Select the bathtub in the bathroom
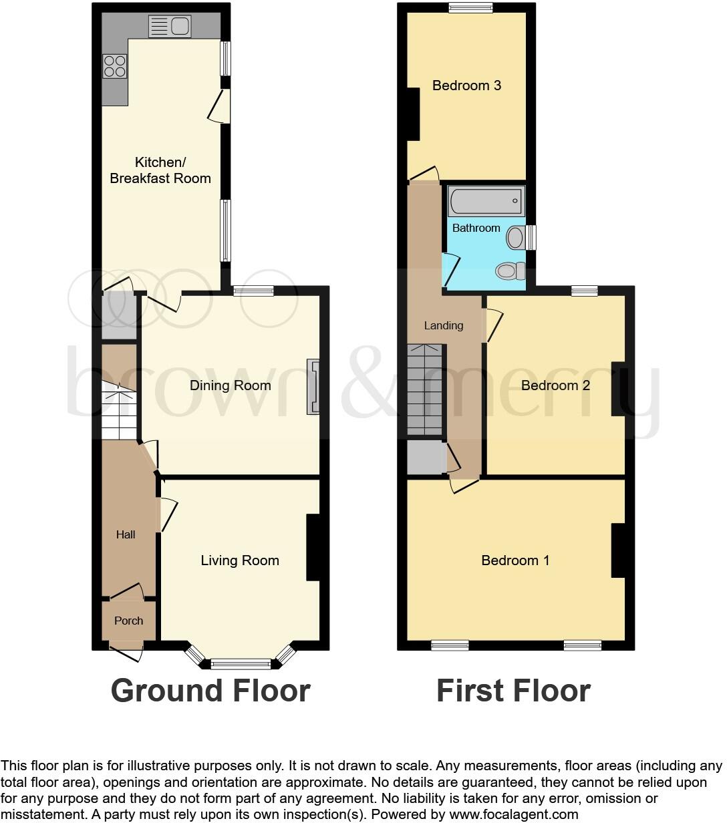pyautogui.click(x=486, y=201)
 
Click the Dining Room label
pyautogui.click(x=231, y=385)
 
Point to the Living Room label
pyautogui.click(x=240, y=560)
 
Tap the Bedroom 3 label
pyautogui.click(x=466, y=86)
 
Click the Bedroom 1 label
pyautogui.click(x=515, y=560)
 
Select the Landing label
pyautogui.click(x=444, y=325)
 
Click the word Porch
pyautogui.click(x=129, y=621)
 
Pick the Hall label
pyautogui.click(x=126, y=534)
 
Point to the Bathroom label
pyautogui.click(x=476, y=228)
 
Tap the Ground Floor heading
pyautogui.click(x=210, y=691)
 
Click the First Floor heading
pyautogui.click(x=513, y=691)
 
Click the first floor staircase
pyautogui.click(x=425, y=391)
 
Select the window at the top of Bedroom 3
pyautogui.click(x=470, y=8)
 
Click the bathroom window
pyautogui.click(x=531, y=237)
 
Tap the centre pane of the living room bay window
pyautogui.click(x=241, y=664)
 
